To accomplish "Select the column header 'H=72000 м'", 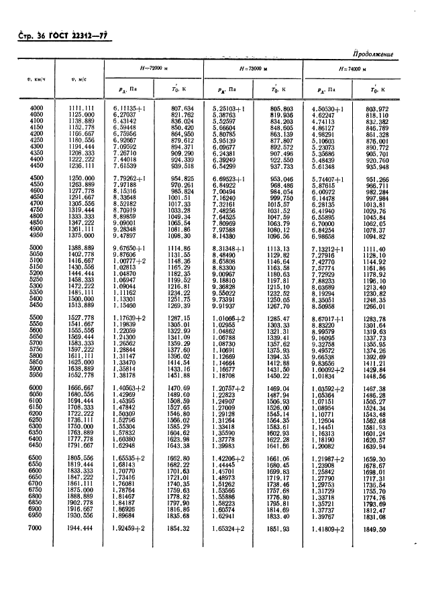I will pyautogui.click(x=151, y=69).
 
